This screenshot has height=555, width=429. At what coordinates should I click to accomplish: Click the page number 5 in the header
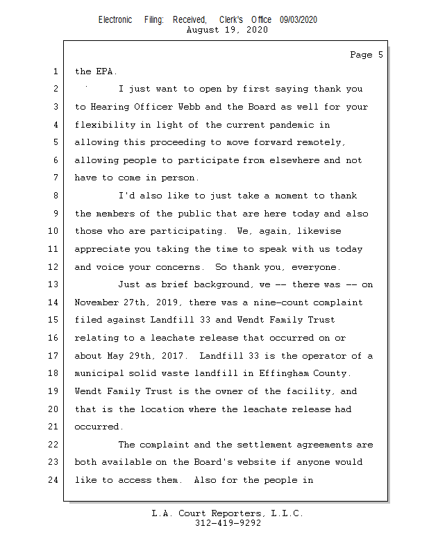tap(380, 55)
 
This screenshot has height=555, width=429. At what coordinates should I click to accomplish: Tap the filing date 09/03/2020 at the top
tap(298, 20)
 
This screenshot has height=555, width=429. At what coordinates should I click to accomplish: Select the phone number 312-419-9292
tap(228, 524)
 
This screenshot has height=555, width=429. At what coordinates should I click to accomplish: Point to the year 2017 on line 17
tap(173, 356)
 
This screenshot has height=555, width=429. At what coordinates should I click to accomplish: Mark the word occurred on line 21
tap(96, 427)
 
